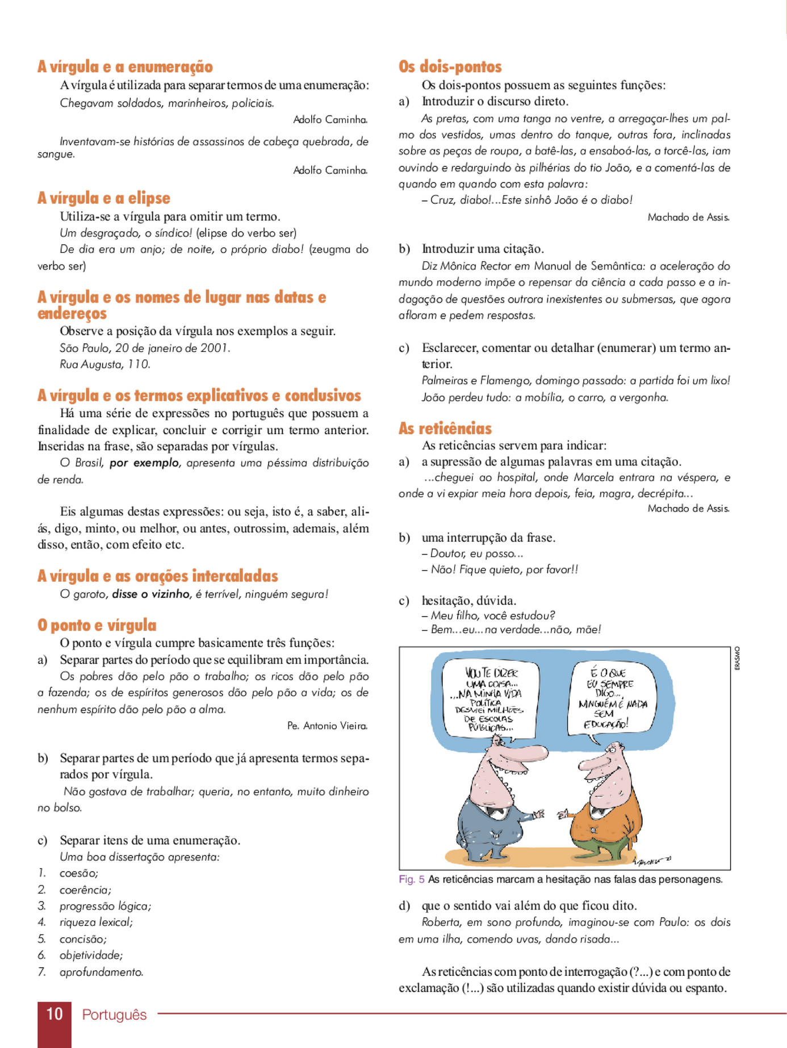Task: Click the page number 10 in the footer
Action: pyautogui.click(x=54, y=1013)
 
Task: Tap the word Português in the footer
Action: pyautogui.click(x=114, y=1015)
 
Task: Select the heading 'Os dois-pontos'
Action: pyautogui.click(x=450, y=67)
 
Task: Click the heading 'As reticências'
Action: pyautogui.click(x=445, y=428)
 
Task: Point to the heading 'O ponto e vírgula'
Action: pyautogui.click(x=97, y=625)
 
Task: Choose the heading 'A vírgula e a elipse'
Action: pyautogui.click(x=103, y=198)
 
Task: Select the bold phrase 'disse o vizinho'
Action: pyautogui.click(x=150, y=594)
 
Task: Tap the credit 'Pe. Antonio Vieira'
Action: pyautogui.click(x=327, y=726)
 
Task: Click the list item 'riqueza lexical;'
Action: pyautogui.click(x=96, y=922)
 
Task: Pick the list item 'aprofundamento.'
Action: pyautogui.click(x=101, y=972)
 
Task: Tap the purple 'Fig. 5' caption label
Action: pyautogui.click(x=411, y=879)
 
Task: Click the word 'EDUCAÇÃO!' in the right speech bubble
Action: pyautogui.click(x=606, y=724)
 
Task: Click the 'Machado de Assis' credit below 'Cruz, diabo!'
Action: pyautogui.click(x=688, y=217)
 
